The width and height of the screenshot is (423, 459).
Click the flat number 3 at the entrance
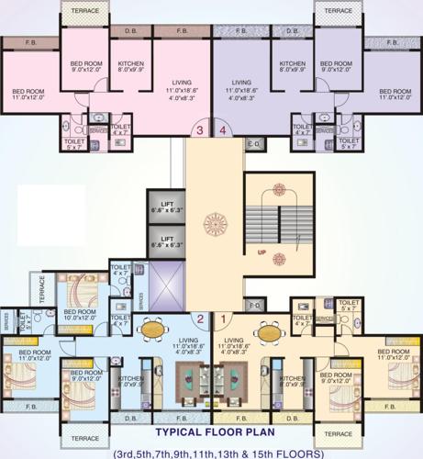coord(199,130)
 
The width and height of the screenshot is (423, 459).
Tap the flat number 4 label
coord(225,130)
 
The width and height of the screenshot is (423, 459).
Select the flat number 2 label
coord(199,319)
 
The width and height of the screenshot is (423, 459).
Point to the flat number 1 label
coord(224,319)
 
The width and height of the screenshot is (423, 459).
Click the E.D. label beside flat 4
coord(254,143)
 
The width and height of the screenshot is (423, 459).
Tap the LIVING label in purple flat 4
coord(241,87)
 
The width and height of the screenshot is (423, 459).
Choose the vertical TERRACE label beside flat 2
coord(41,292)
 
